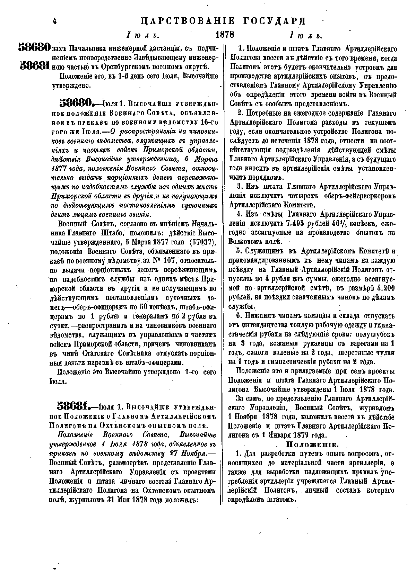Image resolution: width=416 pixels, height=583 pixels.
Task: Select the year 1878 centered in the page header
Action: pyautogui.click(x=225, y=35)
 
